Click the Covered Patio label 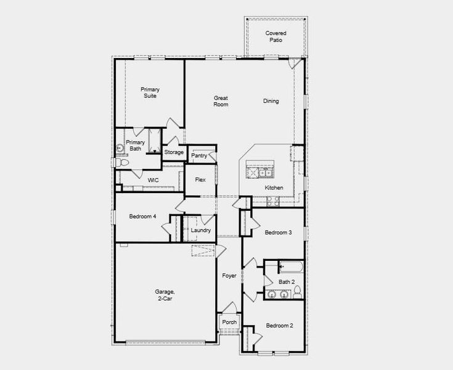coord(275,36)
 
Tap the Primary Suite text coord(150,92)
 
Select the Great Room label coord(221,101)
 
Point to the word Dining coord(271,101)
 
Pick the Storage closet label coord(174,152)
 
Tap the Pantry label coord(199,156)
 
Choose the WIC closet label coord(153,180)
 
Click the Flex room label coord(200,180)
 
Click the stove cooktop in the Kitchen coord(274,200)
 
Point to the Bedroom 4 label coord(142,216)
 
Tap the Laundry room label coord(201,231)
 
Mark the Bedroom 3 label coord(278,232)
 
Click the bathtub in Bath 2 coord(290,268)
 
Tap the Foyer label coord(229,275)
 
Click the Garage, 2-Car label coord(165,295)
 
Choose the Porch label coord(229,322)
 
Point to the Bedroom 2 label coord(279,326)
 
